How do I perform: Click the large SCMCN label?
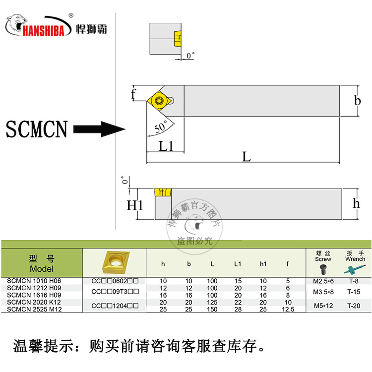pyautogui.click(x=36, y=130)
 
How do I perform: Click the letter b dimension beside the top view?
pyautogui.click(x=357, y=101)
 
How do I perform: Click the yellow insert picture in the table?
pyautogui.click(x=114, y=261)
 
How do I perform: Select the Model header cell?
pyautogui.click(x=42, y=263)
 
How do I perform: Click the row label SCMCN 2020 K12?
pyautogui.click(x=34, y=302)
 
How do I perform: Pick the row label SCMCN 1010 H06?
pyautogui.click(x=34, y=281)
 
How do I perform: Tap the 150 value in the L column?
pyautogui.click(x=212, y=309)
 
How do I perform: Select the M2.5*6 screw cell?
pyautogui.click(x=323, y=281)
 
